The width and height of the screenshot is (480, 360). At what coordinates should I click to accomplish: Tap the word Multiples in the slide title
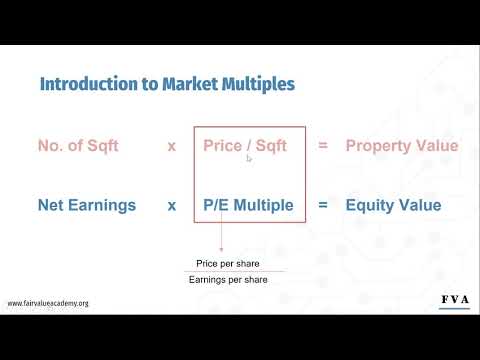pos(256,84)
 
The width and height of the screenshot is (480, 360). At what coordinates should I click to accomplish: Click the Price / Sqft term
pos(245,146)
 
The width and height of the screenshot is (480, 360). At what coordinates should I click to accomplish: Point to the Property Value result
pos(402,146)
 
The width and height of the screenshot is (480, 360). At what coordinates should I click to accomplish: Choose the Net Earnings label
pos(87,206)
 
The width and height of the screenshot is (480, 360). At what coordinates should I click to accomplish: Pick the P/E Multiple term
pos(248,206)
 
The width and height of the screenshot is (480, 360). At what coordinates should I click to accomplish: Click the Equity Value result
pos(393,206)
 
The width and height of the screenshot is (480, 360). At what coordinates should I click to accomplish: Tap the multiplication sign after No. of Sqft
pos(172,146)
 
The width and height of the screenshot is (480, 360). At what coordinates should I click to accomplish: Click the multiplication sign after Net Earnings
pos(172,206)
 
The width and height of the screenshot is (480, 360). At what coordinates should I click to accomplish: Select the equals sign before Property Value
pos(323,146)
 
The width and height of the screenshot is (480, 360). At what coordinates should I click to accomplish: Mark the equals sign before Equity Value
pos(323,206)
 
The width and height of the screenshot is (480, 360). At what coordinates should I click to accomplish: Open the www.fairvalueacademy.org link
pos(48,303)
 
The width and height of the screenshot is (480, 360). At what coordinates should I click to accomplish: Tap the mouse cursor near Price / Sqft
pos(249,157)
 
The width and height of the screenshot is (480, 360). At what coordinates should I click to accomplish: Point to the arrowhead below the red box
pos(222,250)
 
